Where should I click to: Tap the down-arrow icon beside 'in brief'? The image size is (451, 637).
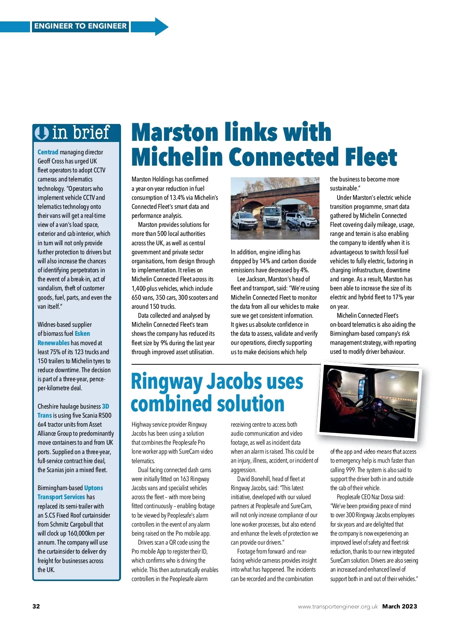coord(42,133)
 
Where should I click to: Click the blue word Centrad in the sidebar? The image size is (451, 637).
coord(48,152)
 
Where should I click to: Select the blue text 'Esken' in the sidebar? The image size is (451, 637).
coord(82,334)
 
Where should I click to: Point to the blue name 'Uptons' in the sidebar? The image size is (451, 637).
coord(94,488)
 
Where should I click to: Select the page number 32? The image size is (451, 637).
coord(36,606)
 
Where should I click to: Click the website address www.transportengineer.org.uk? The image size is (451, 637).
coord(337,607)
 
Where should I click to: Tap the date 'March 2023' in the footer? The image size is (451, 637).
coord(400,606)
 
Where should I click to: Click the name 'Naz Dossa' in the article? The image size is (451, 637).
coord(383,497)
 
